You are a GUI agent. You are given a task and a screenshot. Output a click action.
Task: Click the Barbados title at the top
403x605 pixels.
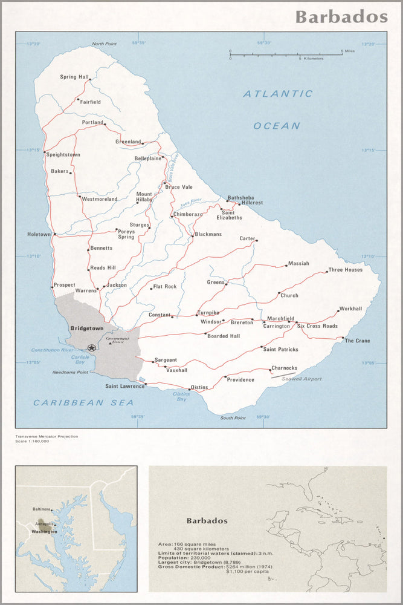point(341,16)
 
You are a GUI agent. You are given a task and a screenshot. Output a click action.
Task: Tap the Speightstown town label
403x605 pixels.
point(63,155)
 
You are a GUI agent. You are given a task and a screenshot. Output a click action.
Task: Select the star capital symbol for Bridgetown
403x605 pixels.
point(91,348)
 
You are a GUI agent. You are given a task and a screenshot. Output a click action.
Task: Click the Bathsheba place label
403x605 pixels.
point(240,198)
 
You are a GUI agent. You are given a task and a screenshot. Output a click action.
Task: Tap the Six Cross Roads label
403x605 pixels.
point(317,326)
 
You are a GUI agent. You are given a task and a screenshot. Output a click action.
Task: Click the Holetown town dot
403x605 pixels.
point(54,234)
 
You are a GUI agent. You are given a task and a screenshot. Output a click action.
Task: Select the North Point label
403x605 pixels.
point(104,44)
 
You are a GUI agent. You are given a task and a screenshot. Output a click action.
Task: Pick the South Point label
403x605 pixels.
point(233,418)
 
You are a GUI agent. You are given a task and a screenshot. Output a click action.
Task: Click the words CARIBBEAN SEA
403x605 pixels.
point(83,402)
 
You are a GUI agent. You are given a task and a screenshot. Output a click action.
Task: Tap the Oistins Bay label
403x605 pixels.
point(181,396)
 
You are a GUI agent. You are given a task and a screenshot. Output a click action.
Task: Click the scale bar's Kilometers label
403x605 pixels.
point(313,59)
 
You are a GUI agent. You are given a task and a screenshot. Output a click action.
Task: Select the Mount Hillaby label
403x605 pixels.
point(144,197)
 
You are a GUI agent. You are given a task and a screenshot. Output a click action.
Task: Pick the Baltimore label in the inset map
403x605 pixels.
point(42,509)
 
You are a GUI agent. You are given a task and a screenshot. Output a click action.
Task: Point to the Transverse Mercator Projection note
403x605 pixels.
point(47,436)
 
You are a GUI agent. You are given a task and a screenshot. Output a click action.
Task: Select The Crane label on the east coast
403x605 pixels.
point(357,341)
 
